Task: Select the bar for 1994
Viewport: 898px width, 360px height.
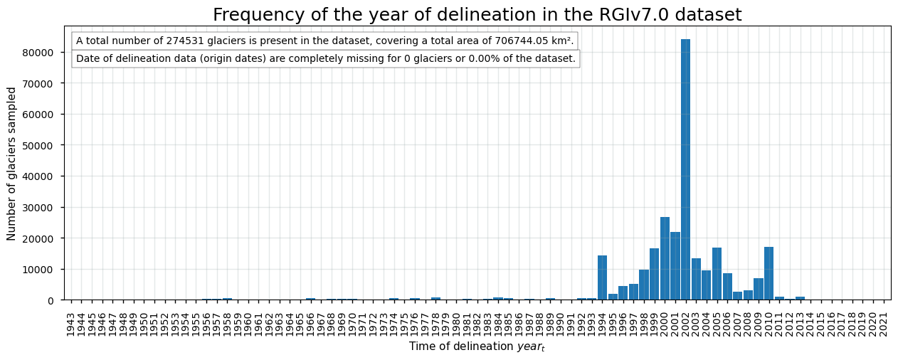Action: point(602,277)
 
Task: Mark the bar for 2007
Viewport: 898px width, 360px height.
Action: point(737,295)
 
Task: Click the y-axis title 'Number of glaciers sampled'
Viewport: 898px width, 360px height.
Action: point(12,164)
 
